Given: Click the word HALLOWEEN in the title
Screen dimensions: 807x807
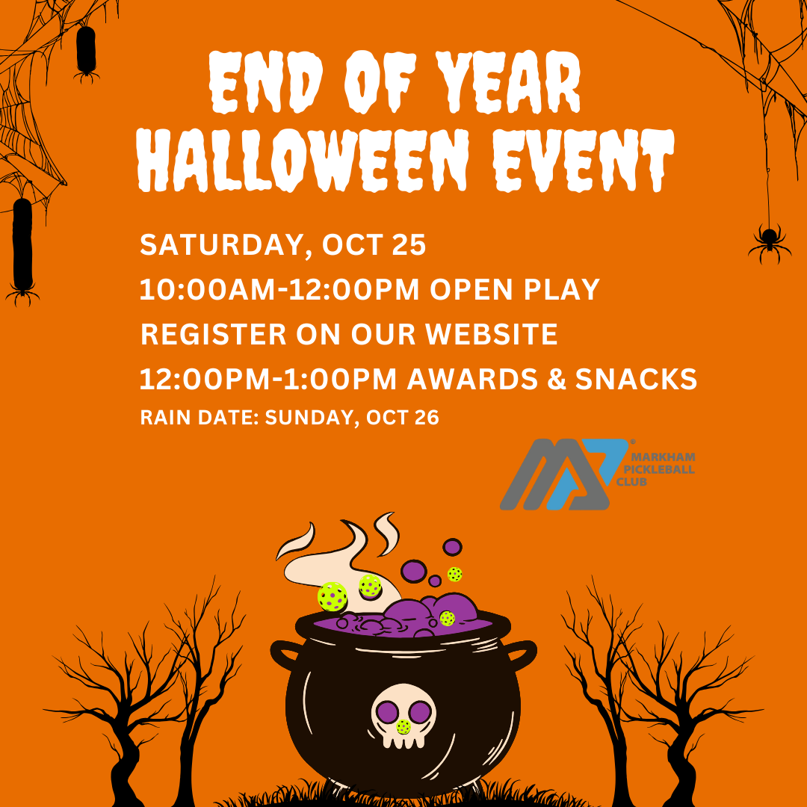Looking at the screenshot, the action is click(303, 160).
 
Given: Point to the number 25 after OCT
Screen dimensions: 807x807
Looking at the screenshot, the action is click(409, 244).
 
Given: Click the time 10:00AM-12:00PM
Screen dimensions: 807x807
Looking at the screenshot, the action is click(279, 289).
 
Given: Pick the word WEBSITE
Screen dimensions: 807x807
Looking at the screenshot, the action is click(492, 334).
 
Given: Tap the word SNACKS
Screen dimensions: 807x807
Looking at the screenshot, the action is click(636, 379).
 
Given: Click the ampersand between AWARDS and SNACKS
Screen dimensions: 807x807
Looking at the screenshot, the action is click(555, 380).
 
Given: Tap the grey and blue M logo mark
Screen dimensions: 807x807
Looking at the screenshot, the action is click(564, 474).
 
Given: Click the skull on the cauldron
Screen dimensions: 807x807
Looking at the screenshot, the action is click(403, 716).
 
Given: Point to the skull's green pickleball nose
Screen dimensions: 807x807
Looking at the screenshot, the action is click(403, 727).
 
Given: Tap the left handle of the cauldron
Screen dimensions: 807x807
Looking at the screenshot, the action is click(285, 655).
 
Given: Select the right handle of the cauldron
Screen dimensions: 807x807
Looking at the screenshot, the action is click(521, 655).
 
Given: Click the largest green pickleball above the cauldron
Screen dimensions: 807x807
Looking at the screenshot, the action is click(333, 597).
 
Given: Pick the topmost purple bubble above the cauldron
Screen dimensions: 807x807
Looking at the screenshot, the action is click(452, 547).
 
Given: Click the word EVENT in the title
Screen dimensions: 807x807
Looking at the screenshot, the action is click(583, 160).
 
